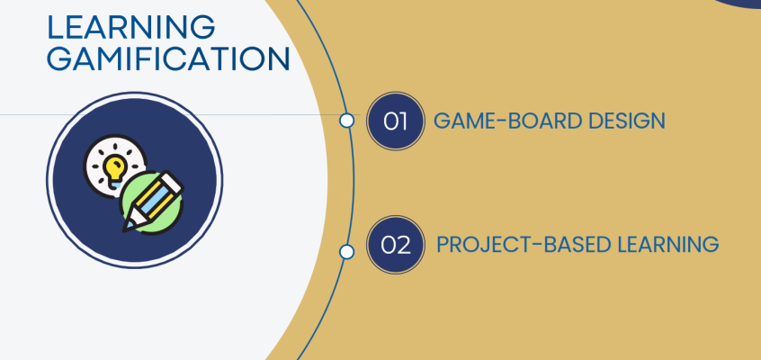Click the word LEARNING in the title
131,27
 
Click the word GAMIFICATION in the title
168,58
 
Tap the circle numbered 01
396,121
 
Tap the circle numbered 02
396,245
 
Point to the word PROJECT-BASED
524,245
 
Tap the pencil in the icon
152,201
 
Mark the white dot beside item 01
346,121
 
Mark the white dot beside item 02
346,252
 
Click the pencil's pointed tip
125,229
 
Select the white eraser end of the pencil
173,182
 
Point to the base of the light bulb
115,184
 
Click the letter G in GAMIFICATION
58,58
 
